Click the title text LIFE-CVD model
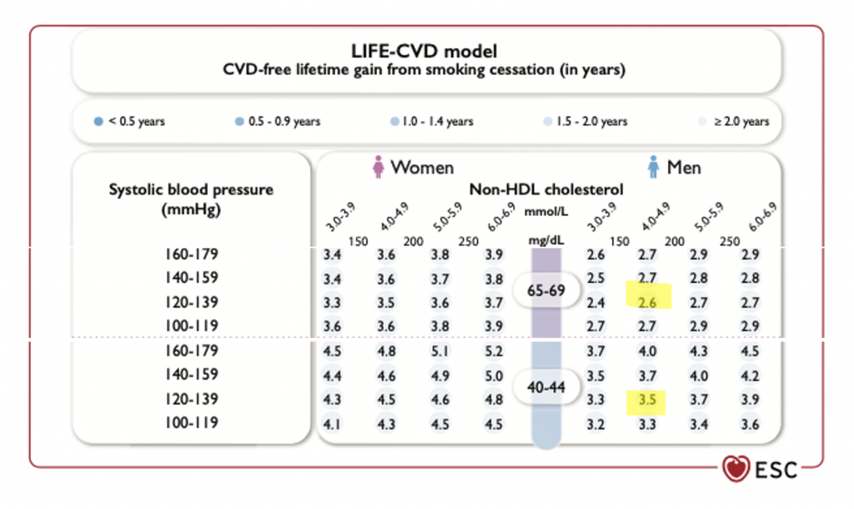[426, 51]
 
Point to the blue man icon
[655, 169]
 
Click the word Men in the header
[684, 169]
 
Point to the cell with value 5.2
[494, 351]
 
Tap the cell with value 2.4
[595, 302]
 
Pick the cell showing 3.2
[595, 423]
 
